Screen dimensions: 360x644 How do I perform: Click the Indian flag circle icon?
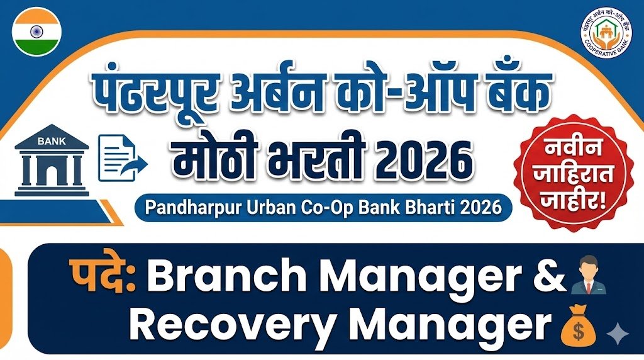pos(36,31)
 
